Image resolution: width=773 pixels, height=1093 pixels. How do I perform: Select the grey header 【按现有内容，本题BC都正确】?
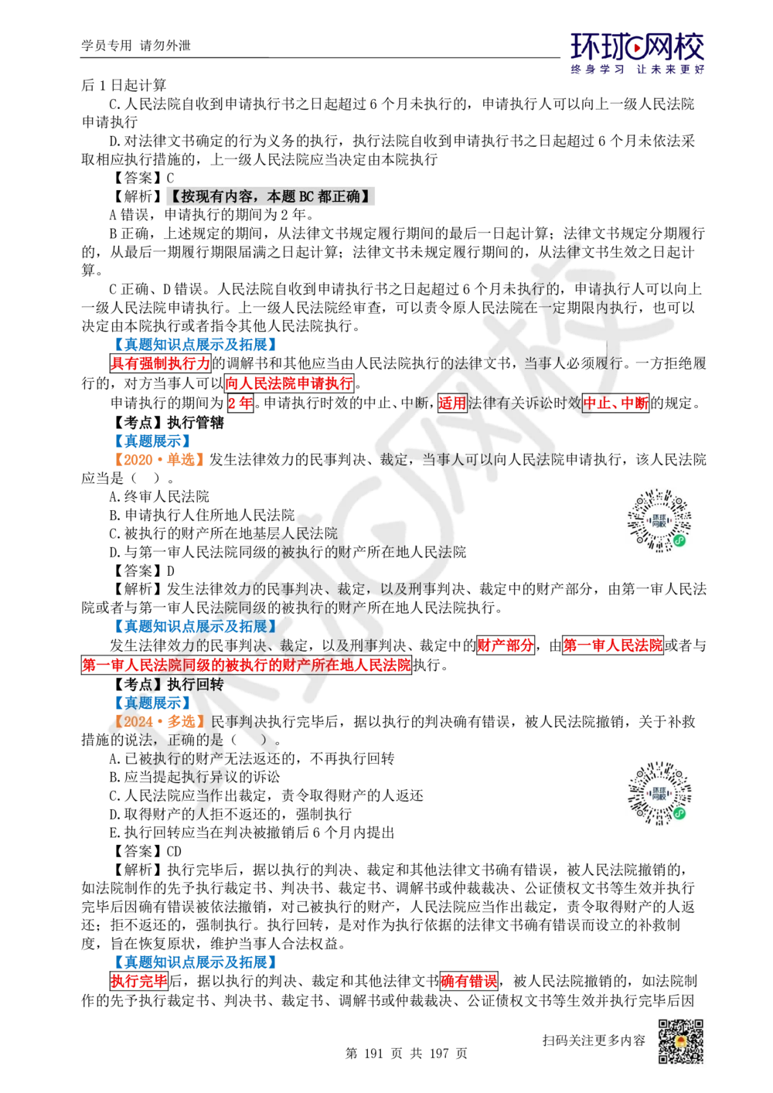pyautogui.click(x=269, y=197)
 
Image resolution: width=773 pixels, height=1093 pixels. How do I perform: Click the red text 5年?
pyautogui.click(x=240, y=403)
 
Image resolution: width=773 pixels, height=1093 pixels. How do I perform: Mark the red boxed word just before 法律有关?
pyautogui.click(x=451, y=403)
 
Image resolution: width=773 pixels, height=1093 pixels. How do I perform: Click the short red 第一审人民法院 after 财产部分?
pyautogui.click(x=612, y=645)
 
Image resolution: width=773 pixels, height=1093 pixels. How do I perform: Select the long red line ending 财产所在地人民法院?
pyautogui.click(x=247, y=664)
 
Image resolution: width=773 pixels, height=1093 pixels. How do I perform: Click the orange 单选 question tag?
pyautogui.click(x=158, y=460)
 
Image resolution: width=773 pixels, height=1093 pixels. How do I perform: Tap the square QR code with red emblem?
pyautogui.click(x=679, y=1042)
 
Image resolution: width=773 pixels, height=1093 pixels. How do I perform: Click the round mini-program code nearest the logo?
pyautogui.click(x=661, y=519)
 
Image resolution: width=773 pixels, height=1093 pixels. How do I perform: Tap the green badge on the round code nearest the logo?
pyautogui.click(x=679, y=540)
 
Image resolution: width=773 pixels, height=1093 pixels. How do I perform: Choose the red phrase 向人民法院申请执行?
pyautogui.click(x=289, y=383)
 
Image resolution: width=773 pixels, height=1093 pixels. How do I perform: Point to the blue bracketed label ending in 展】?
pyautogui.click(x=196, y=625)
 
